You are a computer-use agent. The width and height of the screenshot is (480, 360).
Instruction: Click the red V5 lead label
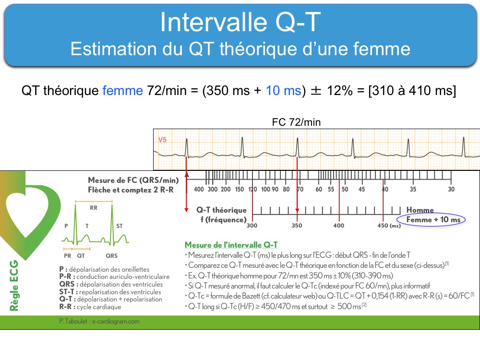162,140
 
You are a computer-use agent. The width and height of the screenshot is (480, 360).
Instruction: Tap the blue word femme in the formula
122,91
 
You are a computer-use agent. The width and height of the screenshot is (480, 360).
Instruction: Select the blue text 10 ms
284,91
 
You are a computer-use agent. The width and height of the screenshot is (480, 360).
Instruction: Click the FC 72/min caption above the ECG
296,122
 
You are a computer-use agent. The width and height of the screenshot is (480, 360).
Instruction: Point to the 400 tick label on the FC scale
199,189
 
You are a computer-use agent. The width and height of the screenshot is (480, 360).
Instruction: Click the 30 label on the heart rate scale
451,189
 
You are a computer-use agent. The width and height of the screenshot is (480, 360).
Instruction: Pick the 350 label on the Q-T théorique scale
297,226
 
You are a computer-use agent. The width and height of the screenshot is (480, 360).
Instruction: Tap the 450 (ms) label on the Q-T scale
389,226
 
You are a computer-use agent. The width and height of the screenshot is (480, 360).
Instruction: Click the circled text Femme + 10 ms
433,219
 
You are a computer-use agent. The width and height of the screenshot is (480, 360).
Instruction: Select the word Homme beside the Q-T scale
420,210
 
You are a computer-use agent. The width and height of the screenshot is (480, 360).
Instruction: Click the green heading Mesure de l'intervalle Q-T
231,245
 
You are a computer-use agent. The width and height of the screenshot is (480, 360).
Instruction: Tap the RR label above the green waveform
94,208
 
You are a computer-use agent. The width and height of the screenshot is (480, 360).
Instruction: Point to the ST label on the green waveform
120,226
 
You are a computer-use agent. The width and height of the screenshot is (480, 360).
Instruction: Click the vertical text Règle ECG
14,285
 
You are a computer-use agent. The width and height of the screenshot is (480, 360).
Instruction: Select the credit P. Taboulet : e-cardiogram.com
99,322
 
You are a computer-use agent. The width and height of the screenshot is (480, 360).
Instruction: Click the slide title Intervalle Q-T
240,22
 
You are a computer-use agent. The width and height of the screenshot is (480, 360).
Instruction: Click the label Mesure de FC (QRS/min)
133,180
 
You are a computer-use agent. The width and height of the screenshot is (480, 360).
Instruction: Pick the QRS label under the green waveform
111,256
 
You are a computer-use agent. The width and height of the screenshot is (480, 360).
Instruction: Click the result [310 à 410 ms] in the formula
412,91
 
